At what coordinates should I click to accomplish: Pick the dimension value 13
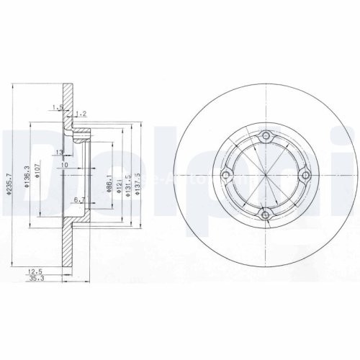tap(60, 152)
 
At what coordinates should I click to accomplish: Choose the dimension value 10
tap(64, 165)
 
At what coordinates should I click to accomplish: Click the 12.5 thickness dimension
tap(32, 271)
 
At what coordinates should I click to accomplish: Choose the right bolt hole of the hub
tap(304, 175)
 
